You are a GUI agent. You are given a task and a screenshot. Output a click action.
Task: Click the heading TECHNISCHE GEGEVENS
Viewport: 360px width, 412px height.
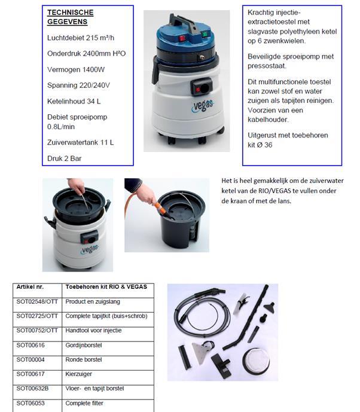(71, 17)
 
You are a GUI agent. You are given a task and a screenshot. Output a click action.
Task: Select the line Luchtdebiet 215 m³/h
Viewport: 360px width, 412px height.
(81, 38)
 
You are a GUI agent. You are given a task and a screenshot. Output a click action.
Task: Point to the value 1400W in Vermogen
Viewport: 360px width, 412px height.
(93, 69)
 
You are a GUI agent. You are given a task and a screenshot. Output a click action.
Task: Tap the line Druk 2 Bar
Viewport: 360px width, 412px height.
(65, 158)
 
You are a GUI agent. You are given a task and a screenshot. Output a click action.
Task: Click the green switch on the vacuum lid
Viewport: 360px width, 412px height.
(204, 34)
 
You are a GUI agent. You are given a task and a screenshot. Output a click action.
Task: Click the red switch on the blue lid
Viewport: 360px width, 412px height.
(182, 38)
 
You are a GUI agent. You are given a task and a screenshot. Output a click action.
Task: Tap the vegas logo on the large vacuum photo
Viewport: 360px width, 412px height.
(203, 106)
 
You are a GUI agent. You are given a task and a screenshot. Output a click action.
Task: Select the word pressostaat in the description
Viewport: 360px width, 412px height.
(267, 66)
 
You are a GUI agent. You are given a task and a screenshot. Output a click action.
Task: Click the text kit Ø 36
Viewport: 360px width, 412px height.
(260, 145)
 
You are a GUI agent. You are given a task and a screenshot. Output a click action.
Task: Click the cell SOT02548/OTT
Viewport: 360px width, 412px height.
(37, 301)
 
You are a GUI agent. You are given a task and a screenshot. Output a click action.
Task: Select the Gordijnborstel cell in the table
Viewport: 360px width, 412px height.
(84, 345)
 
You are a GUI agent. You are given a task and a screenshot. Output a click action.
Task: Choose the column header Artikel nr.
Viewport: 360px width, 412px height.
(30, 287)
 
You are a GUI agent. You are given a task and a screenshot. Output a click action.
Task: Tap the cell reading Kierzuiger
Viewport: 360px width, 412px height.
(78, 374)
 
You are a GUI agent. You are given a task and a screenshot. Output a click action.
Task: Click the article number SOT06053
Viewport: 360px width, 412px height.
(30, 403)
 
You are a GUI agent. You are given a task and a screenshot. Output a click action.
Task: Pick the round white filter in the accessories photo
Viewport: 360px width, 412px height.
(256, 361)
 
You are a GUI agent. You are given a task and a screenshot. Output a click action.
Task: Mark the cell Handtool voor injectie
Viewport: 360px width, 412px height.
(93, 331)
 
